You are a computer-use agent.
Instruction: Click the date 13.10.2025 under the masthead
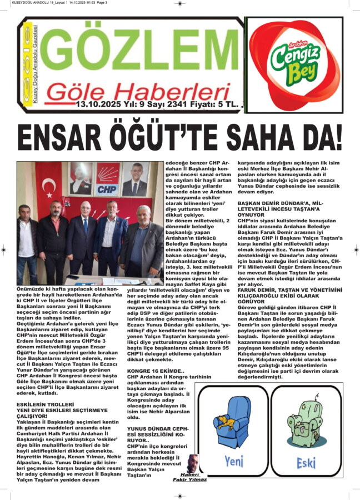pos(99,103)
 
